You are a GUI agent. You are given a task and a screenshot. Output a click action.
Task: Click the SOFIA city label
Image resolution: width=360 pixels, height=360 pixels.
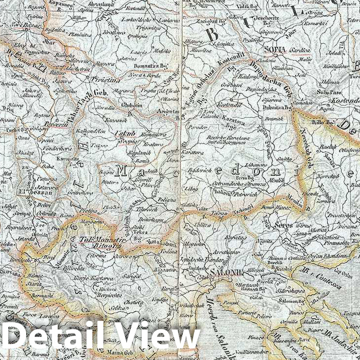(275, 49)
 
